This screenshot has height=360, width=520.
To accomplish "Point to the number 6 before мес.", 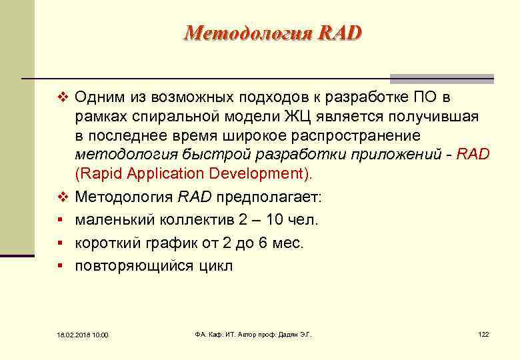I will (262, 243).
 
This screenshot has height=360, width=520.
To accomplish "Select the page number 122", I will (483, 333).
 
